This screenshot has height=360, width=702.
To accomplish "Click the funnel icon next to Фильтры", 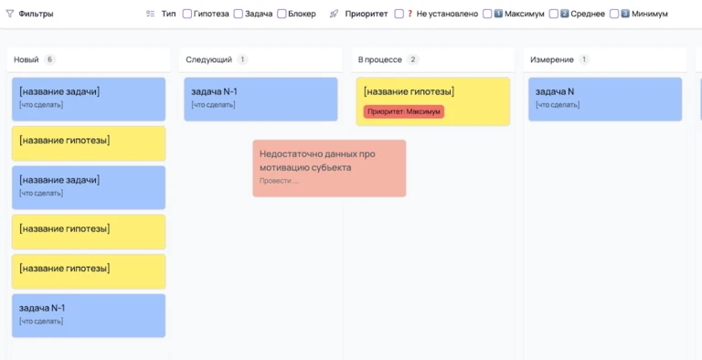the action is pos(10,15).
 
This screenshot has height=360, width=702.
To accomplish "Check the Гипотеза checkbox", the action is pos(187,15).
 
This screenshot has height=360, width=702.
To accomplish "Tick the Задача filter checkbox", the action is pos(239,15).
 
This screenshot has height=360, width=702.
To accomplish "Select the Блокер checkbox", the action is pos(282,15).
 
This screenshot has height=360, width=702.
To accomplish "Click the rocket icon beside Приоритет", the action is pos(334,15).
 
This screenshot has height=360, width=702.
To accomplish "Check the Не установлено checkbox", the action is pos(399,15).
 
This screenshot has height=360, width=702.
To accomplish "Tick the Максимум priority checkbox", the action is pos(487,15).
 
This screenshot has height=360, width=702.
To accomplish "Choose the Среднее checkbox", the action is pos(554,15).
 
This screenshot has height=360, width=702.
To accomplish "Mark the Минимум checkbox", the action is pos(614,15).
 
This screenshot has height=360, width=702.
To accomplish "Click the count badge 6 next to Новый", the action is pos(49,59).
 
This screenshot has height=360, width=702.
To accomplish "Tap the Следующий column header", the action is pos(208,59).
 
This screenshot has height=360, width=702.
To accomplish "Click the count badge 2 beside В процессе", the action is pos(413,59).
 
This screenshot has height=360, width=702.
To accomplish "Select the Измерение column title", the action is pos(552,59).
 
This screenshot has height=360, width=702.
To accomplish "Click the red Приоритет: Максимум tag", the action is pos(404,111).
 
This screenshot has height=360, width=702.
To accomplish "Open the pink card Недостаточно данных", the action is pos(329,168).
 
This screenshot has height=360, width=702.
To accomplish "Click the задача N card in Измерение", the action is pos(604,99).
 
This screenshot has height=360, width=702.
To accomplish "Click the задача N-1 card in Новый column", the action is pos(89,315).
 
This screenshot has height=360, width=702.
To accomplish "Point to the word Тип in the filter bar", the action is pos(168,15).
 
